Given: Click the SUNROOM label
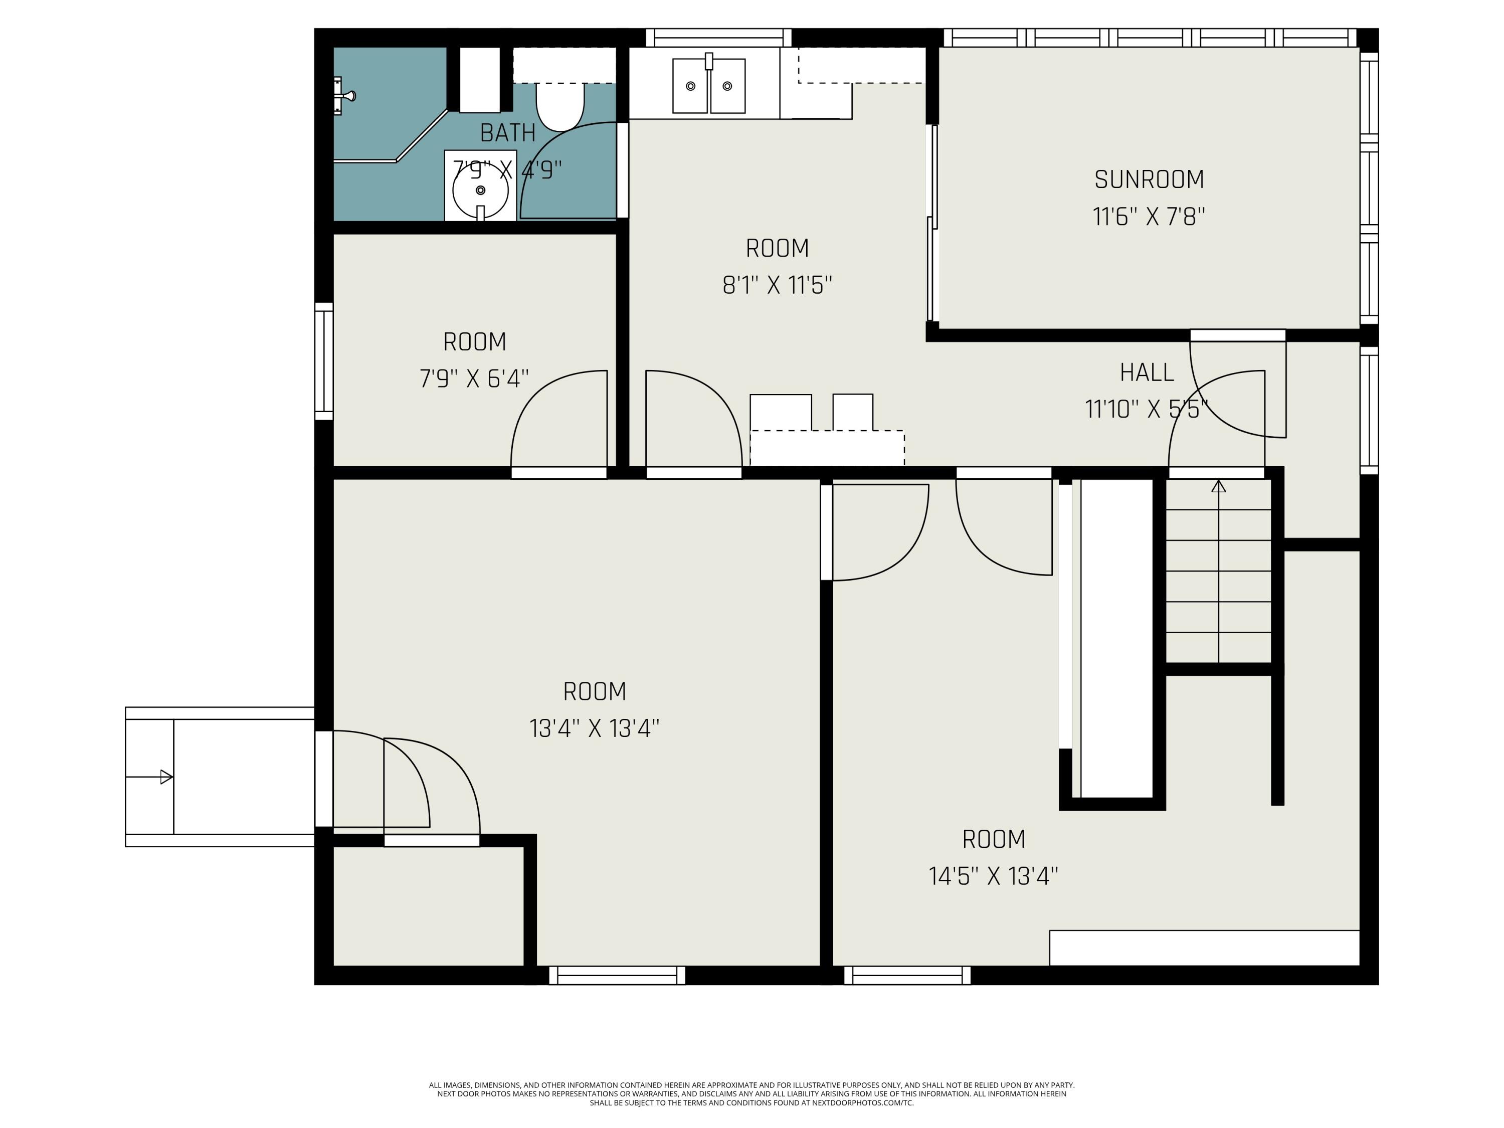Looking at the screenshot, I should (1149, 179).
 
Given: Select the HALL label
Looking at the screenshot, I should (1147, 372).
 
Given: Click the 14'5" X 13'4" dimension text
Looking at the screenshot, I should (993, 876).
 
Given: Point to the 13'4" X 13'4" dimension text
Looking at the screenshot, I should (594, 729).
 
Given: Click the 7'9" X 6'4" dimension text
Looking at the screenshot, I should (474, 379).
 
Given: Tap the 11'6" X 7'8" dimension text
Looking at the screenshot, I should (1149, 218).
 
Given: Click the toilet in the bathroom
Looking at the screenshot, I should (559, 105).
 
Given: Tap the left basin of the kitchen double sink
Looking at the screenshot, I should (690, 86).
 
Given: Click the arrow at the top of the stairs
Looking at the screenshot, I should (1218, 487).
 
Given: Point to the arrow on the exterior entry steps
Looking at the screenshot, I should (165, 777).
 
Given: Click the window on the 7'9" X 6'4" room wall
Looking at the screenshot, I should (324, 360).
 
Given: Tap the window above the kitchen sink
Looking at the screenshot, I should (718, 38).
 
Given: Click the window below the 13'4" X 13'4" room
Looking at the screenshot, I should (617, 976).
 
